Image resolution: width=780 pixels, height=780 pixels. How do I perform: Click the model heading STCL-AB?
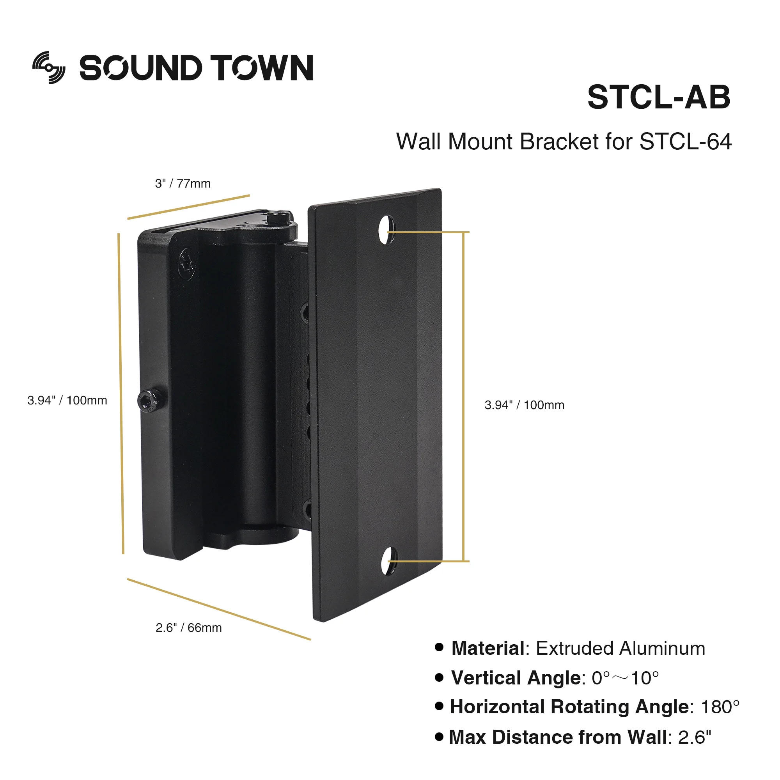(x=658, y=97)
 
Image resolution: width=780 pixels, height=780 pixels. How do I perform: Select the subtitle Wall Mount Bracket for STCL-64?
(x=564, y=142)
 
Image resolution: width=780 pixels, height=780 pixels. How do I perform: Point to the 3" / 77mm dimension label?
(x=183, y=184)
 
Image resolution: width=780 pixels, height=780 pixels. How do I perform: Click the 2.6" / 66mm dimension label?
(x=188, y=628)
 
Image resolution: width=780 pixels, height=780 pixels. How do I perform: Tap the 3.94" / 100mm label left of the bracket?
(x=67, y=401)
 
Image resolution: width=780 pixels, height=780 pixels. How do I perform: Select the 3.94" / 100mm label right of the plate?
(x=524, y=405)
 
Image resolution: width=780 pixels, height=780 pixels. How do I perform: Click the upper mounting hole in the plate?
(x=386, y=229)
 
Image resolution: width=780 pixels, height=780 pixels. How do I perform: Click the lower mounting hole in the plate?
(x=388, y=561)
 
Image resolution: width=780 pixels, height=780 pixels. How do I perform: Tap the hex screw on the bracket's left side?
(x=151, y=401)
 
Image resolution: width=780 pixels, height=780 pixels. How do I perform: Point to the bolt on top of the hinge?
(x=279, y=218)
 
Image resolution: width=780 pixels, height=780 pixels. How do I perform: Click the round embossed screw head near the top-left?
(x=186, y=263)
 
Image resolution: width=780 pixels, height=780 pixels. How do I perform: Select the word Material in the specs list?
(x=488, y=649)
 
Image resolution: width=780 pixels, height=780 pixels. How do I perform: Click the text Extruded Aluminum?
(x=620, y=649)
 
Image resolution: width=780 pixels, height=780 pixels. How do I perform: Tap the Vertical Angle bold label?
(x=516, y=678)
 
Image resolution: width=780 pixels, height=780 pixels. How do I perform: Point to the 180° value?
(x=720, y=707)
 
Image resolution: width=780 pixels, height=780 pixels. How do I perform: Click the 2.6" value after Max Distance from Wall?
(x=695, y=737)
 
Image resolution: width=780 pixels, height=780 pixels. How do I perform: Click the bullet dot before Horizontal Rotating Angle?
(x=439, y=707)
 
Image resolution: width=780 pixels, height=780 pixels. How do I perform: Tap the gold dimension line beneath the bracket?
(x=218, y=609)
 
